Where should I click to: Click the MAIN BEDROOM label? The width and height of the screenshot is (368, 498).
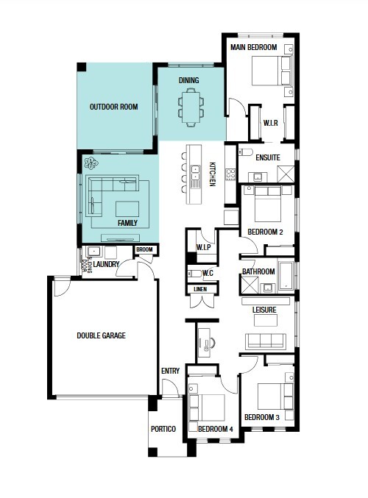click(x=254, y=47)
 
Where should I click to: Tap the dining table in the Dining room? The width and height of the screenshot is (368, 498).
click(x=191, y=107)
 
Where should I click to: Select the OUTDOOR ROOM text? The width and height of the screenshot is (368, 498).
click(x=114, y=107)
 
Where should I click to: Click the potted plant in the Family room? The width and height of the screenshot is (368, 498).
click(x=91, y=163)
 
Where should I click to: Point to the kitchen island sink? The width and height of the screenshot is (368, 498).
click(x=195, y=173)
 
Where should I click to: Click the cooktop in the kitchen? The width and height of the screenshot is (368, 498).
click(x=230, y=174)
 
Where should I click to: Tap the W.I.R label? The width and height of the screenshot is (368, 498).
click(x=270, y=123)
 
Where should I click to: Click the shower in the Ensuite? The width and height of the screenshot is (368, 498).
click(x=286, y=174)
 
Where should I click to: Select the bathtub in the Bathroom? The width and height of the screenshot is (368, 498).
click(x=286, y=275)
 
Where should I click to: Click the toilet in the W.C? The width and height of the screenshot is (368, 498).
click(x=194, y=273)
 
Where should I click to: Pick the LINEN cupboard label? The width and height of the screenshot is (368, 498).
click(x=200, y=289)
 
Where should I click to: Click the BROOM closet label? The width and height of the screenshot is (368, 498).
click(x=144, y=249)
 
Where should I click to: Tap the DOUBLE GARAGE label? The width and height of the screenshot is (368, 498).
click(x=101, y=335)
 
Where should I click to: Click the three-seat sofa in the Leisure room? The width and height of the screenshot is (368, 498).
click(x=266, y=341)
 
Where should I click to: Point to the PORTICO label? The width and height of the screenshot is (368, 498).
click(x=163, y=429)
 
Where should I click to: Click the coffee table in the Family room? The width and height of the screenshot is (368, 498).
click(x=127, y=209)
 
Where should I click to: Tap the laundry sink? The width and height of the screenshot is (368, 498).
click(x=93, y=252)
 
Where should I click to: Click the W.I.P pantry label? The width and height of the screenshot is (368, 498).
click(x=203, y=247)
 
